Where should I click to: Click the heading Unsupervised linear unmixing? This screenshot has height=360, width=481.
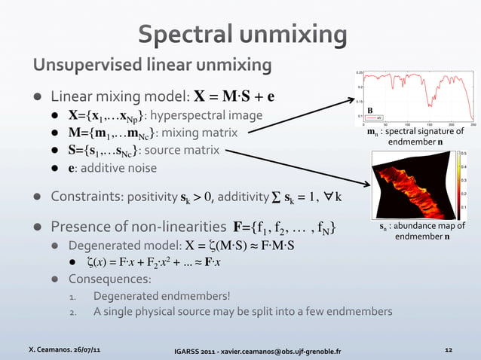[x=152, y=66]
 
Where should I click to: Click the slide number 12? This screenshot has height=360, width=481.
[x=449, y=349]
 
